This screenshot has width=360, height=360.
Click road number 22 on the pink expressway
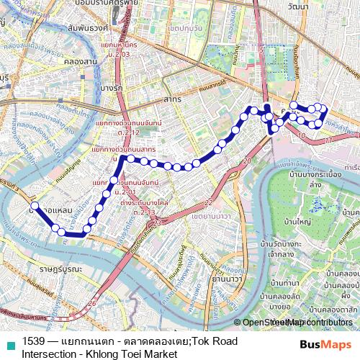click(x=208, y=202)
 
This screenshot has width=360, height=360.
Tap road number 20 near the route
click(x=246, y=162)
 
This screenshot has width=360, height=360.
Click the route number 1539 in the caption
click(x=35, y=341)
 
